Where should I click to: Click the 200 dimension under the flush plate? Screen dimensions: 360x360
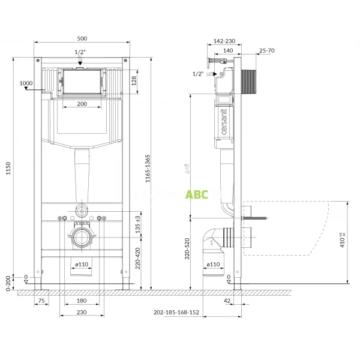(83, 104)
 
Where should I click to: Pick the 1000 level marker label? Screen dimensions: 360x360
(26, 83)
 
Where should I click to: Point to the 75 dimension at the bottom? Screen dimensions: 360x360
(41, 301)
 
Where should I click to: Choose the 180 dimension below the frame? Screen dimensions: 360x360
(83, 301)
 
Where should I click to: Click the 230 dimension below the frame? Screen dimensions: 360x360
(83, 313)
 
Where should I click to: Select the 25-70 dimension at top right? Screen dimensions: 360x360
(267, 50)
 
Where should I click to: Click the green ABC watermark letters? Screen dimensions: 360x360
(196, 194)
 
